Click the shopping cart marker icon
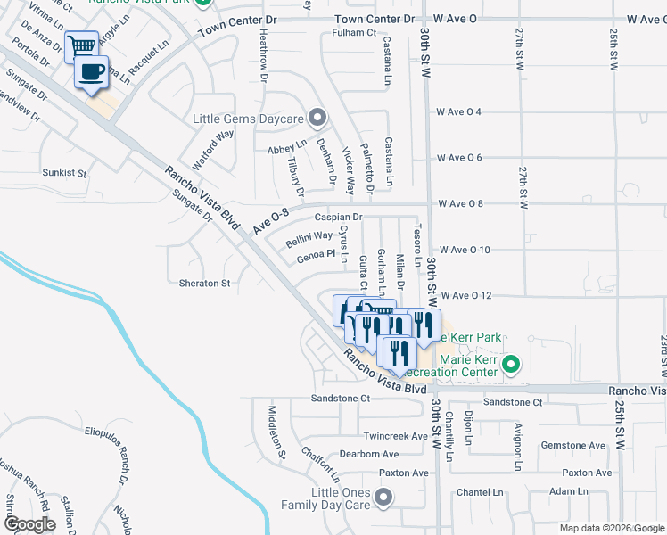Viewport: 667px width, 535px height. (x=82, y=45)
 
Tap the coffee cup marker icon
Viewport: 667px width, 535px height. (x=91, y=72)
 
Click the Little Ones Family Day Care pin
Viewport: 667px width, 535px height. (x=384, y=498)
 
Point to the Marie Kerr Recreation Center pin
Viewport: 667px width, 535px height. (x=511, y=364)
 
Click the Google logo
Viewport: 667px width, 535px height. (x=29, y=524)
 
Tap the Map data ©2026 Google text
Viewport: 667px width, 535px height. (x=611, y=528)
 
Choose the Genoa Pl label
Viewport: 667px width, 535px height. (x=315, y=256)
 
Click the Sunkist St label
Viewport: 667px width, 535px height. (x=64, y=172)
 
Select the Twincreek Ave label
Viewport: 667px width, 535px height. (x=397, y=437)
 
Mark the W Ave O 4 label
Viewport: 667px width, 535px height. (x=459, y=111)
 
